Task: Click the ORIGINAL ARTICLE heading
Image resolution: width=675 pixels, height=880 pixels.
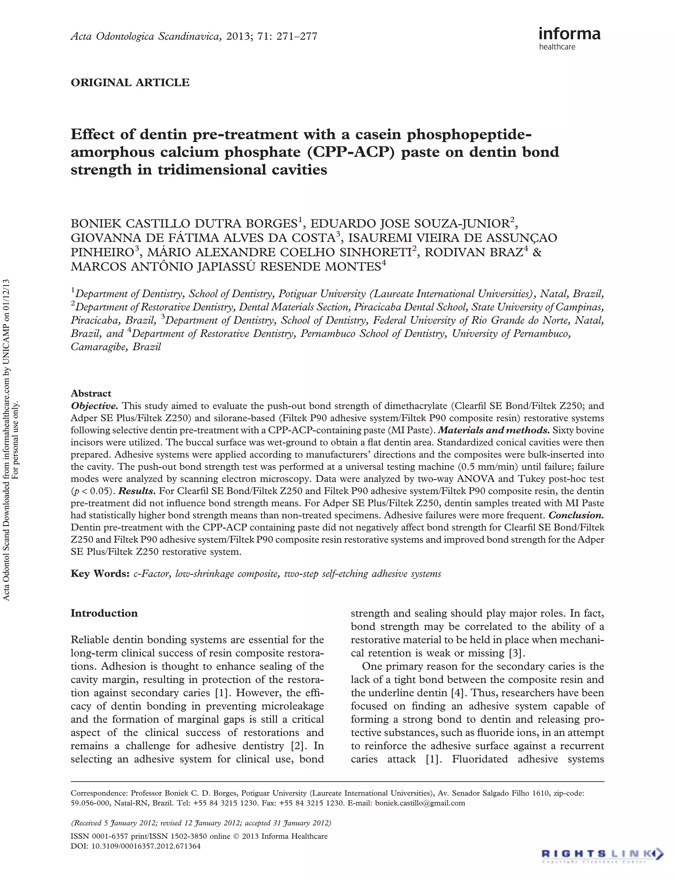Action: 130,82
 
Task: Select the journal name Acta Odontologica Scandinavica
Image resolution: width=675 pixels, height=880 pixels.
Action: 145,37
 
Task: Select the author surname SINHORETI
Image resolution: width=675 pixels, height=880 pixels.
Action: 368,252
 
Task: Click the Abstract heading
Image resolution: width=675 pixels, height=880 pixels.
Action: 91,393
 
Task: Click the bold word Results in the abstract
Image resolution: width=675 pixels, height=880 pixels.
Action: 136,491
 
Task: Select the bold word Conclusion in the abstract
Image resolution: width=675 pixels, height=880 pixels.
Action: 576,515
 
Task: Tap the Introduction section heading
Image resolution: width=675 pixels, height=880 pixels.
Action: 104,613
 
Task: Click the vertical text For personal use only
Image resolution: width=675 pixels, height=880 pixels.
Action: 16,440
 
